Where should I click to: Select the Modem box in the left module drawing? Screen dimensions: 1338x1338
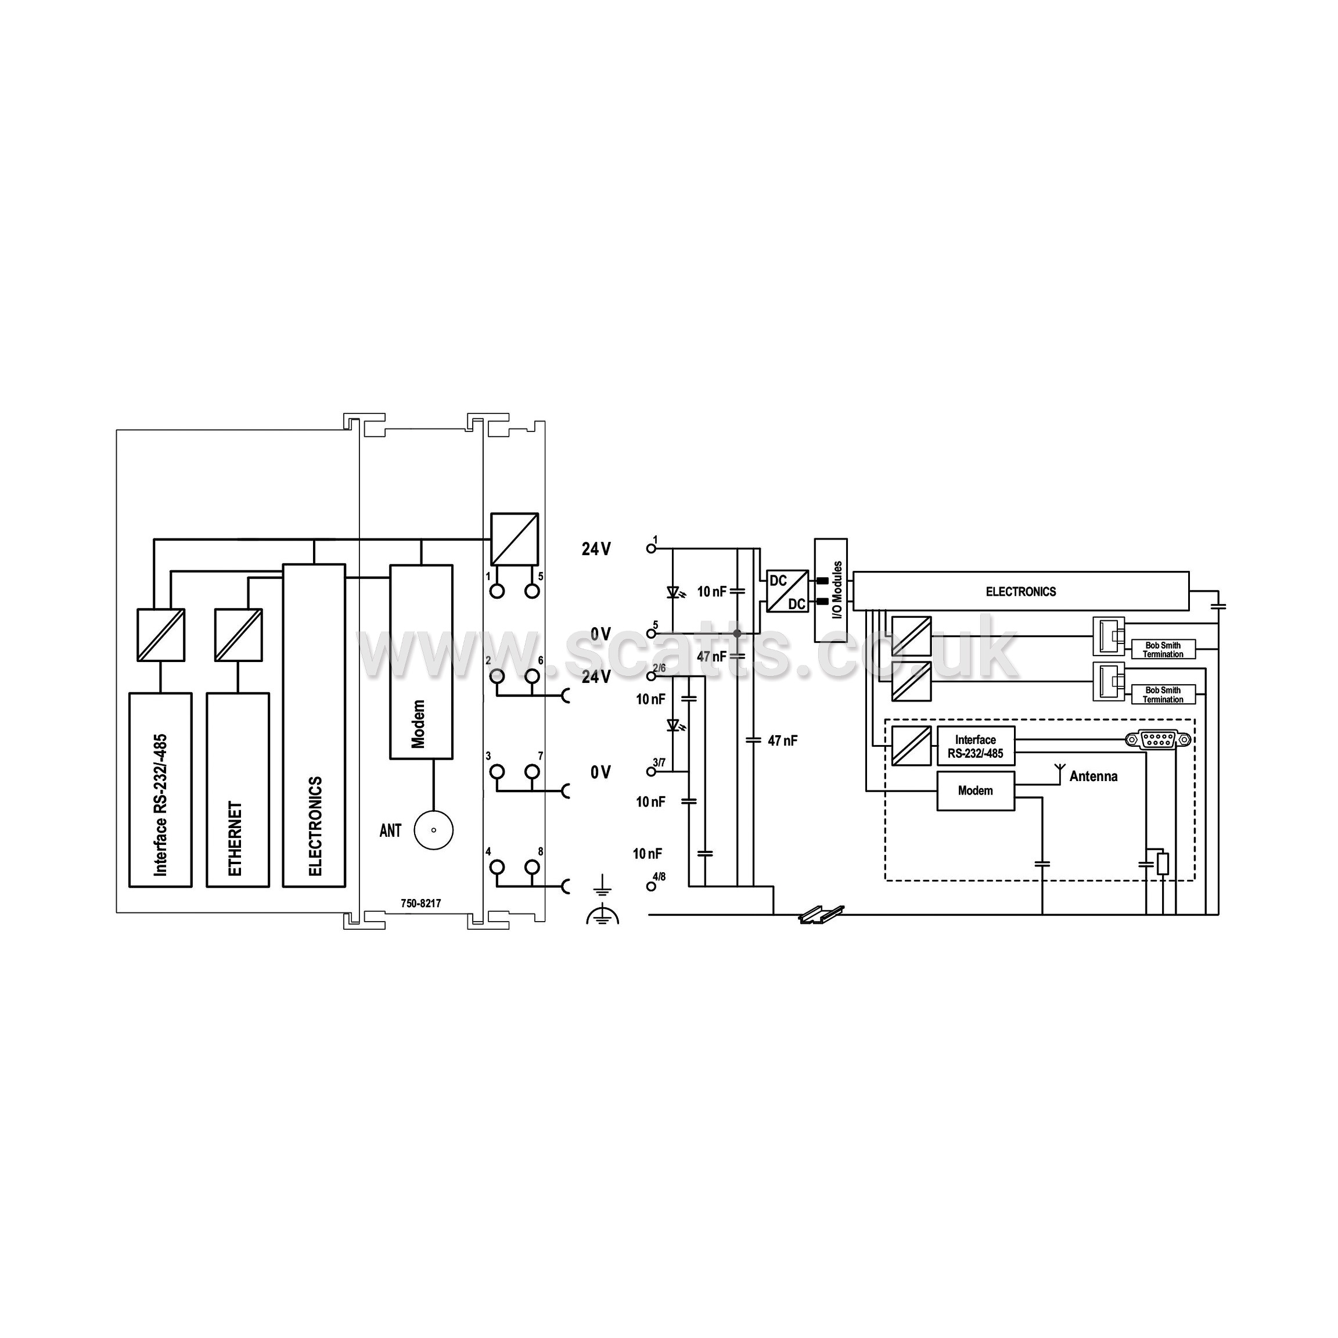[x=421, y=662]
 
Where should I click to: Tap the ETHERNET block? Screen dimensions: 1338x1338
[x=238, y=790]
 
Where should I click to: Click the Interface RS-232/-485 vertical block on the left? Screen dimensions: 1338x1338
[x=160, y=790]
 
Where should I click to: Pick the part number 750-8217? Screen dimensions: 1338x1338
[x=420, y=903]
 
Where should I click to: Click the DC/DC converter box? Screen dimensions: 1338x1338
[x=787, y=591]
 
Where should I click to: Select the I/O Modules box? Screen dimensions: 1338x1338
[x=830, y=590]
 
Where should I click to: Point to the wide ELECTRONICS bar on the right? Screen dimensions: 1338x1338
[x=1021, y=591]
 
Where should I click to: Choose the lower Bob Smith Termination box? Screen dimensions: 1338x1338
[x=1163, y=695]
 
